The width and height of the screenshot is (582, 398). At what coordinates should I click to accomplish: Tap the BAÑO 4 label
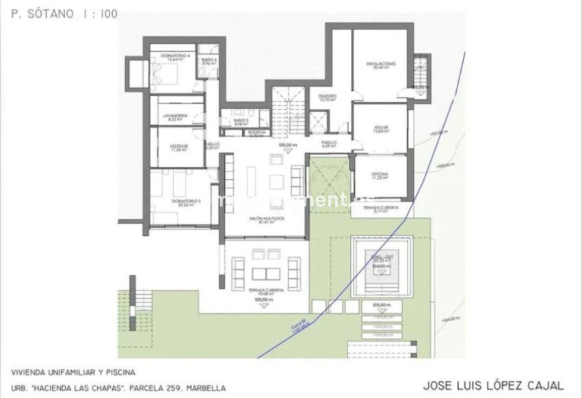[x=209, y=60]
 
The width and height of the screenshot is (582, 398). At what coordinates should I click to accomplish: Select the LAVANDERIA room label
[x=175, y=116]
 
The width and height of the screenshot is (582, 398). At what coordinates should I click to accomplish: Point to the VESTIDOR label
[x=178, y=146]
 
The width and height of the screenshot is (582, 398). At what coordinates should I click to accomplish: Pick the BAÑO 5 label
[x=239, y=122]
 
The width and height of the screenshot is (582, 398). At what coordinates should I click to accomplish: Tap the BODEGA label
[x=256, y=132]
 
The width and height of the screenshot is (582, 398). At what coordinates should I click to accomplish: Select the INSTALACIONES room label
[x=381, y=64]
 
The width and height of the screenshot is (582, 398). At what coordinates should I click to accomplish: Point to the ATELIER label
[x=382, y=127]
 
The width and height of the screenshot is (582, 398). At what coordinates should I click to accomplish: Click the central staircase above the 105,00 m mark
[x=288, y=113]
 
